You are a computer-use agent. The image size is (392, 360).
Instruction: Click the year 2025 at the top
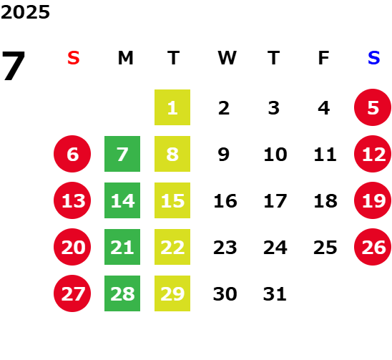click(x=25, y=12)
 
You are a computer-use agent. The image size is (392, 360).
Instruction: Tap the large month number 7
click(x=14, y=66)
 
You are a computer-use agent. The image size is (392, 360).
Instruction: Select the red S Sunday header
click(x=74, y=58)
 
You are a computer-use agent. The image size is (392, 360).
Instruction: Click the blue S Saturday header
click(x=374, y=58)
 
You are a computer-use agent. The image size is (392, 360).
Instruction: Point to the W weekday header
click(x=227, y=58)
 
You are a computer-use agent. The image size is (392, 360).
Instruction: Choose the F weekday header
click(x=323, y=58)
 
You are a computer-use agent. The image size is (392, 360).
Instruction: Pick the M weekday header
click(x=125, y=58)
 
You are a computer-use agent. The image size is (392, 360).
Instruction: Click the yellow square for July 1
click(x=172, y=107)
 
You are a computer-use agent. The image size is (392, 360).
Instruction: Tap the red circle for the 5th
click(x=373, y=107)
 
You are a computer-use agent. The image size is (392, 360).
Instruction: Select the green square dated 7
click(x=122, y=154)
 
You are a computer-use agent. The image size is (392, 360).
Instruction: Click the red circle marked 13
click(x=72, y=200)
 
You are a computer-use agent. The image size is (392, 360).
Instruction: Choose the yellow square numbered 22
click(x=172, y=247)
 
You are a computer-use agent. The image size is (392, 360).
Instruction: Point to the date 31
click(x=275, y=293)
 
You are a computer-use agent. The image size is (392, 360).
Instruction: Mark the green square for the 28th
click(x=122, y=293)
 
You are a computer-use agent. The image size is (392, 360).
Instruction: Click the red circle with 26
click(x=373, y=247)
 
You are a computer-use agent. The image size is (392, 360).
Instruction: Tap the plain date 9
click(x=223, y=154)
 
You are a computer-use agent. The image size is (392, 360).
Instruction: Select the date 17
click(x=275, y=200)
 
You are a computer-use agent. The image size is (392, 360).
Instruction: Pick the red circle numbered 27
click(x=72, y=293)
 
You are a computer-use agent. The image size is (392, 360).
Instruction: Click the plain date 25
click(x=325, y=247)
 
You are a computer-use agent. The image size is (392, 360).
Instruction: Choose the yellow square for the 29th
click(x=172, y=293)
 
